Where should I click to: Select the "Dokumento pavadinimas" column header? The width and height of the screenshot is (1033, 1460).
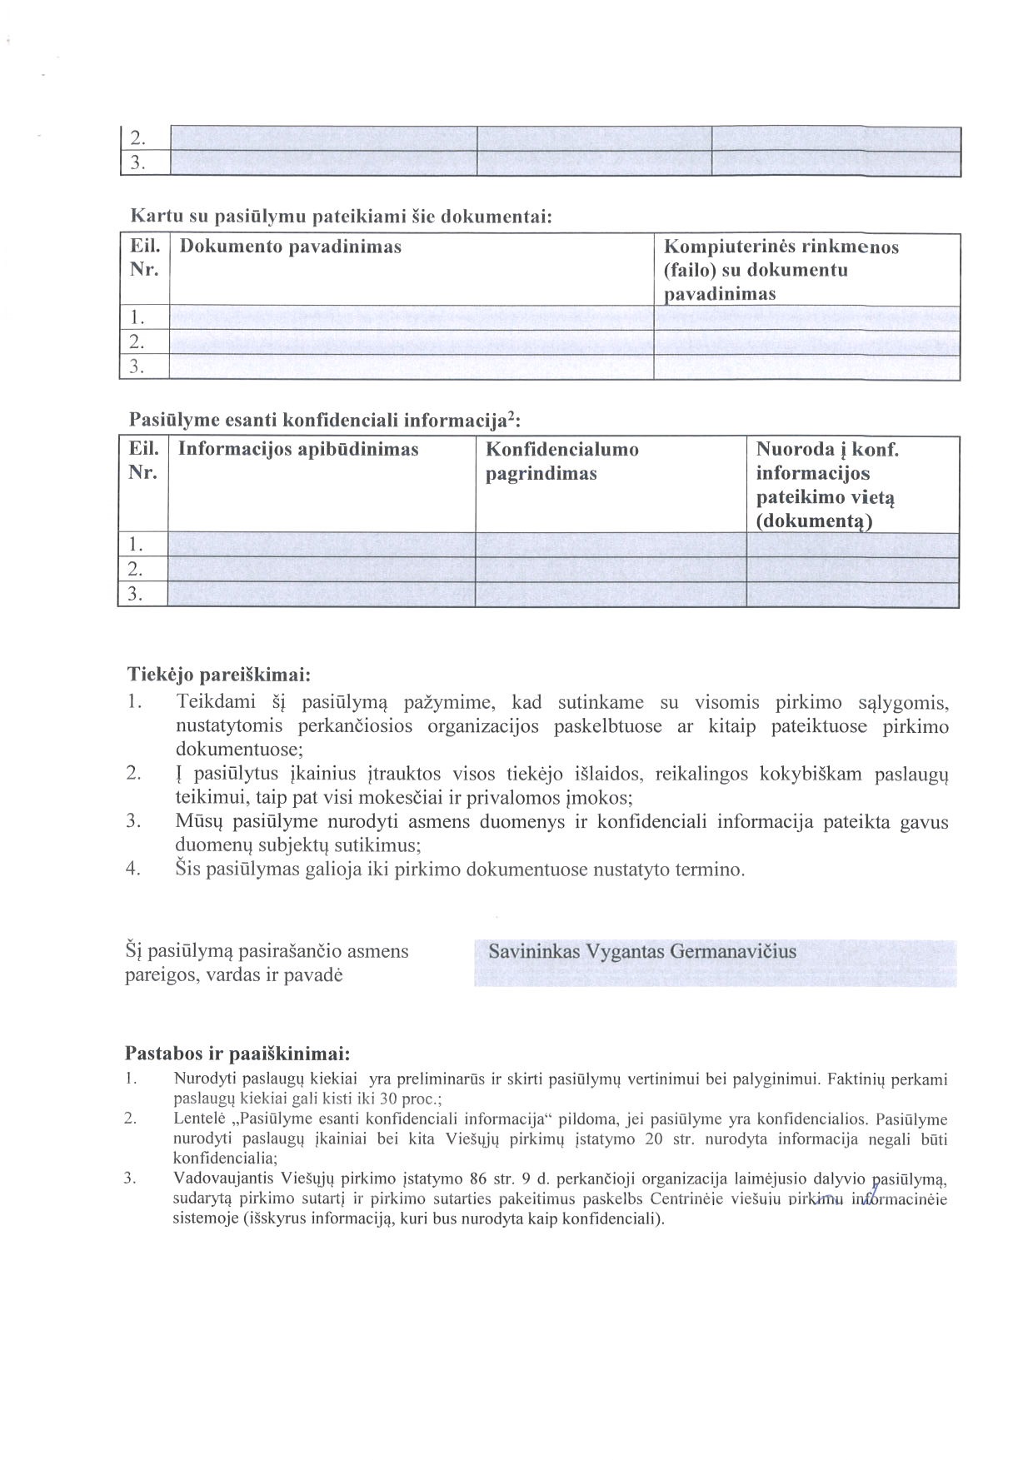click(x=290, y=247)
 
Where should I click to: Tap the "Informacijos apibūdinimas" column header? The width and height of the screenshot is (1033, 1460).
click(x=298, y=450)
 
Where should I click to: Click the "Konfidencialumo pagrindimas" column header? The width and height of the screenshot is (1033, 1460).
click(x=562, y=461)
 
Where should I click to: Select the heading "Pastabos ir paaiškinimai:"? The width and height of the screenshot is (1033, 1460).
click(x=237, y=1051)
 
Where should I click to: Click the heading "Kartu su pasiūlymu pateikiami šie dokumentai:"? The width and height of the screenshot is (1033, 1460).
click(x=342, y=217)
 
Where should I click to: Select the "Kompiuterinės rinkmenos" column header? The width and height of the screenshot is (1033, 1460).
click(x=781, y=247)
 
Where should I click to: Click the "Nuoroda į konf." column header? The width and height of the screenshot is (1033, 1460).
click(x=827, y=450)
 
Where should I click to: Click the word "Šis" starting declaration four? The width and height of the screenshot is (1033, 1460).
click(x=189, y=870)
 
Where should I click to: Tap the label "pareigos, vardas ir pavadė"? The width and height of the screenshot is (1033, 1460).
click(x=233, y=974)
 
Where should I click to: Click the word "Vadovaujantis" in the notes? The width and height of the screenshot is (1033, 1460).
click(x=218, y=1178)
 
